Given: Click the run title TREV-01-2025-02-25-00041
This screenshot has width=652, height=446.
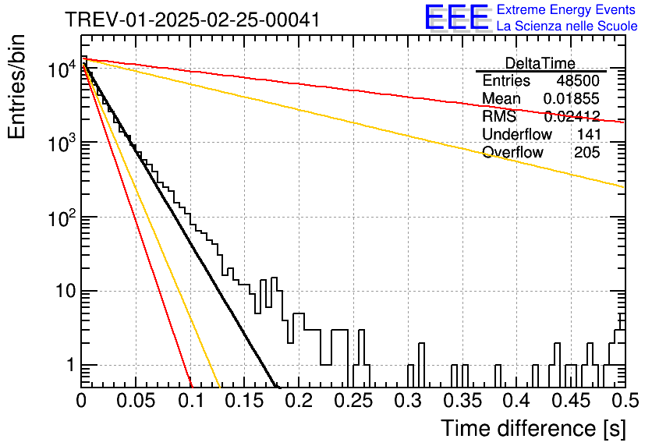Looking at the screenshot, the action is coord(193,19).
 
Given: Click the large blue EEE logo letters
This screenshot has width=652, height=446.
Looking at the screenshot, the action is coord(457,17).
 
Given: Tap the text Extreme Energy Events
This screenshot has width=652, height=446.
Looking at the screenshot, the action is coord(566,9).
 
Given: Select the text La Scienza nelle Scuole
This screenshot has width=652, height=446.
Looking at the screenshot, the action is coord(567,26).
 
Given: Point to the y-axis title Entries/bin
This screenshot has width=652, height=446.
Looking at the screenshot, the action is coord(16,87).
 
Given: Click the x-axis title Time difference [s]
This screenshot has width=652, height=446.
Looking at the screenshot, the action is coord(533,429).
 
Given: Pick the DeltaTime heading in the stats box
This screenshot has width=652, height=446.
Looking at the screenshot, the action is coord(540,63).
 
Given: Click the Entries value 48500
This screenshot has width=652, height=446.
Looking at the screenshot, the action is coord(578,80).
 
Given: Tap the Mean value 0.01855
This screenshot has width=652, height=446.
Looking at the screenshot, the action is coord(572,98).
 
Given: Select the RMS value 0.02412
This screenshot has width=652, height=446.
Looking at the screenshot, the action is coord(572,116).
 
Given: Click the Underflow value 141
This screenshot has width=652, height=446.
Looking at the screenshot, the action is coord(589,134).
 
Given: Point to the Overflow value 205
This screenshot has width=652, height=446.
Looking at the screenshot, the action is coord(587,152).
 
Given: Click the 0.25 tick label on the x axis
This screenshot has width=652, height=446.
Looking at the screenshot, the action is coord(353,401).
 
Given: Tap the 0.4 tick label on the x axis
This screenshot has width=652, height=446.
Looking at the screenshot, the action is coord(517,401).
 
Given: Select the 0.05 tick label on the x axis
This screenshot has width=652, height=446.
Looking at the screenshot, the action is coord(136,401).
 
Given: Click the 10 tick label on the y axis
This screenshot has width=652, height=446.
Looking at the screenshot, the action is coord(66,291).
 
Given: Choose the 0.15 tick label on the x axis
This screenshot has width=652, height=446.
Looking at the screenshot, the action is coord(245,401).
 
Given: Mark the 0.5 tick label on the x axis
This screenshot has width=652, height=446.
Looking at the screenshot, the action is coord(625,401).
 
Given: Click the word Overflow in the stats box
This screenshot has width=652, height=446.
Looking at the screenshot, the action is coord(512,152).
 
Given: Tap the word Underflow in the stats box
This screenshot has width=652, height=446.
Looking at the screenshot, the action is coord(517,134).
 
